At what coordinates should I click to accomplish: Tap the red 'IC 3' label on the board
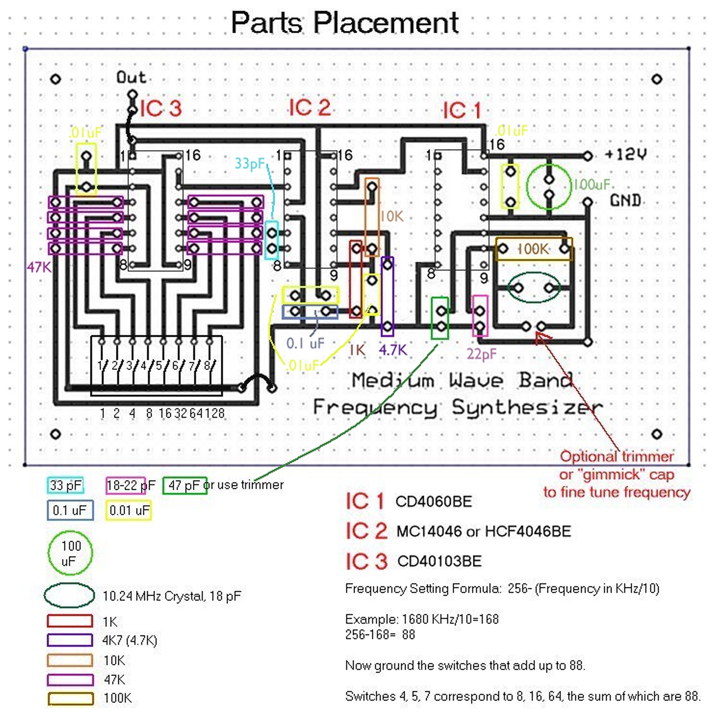click(161, 109)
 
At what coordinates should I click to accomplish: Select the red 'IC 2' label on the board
click(310, 108)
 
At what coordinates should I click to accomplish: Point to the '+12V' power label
click(625, 154)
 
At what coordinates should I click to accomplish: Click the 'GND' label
click(625, 200)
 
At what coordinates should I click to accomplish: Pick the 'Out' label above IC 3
click(131, 77)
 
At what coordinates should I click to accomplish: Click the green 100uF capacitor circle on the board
click(548, 187)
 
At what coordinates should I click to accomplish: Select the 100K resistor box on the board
click(534, 249)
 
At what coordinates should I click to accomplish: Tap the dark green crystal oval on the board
click(534, 288)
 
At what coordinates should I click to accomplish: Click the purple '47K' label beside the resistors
click(39, 267)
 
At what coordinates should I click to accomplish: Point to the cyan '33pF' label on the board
click(250, 164)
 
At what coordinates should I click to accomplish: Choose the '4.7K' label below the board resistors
click(393, 350)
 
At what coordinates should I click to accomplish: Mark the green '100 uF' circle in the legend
click(70, 553)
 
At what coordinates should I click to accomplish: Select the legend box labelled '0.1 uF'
click(70, 510)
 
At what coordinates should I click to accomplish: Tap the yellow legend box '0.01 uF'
click(129, 510)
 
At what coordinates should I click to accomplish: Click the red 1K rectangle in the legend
click(70, 621)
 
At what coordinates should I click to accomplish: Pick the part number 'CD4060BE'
click(433, 502)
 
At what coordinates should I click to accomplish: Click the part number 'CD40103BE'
click(439, 561)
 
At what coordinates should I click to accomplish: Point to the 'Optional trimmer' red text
click(617, 456)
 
